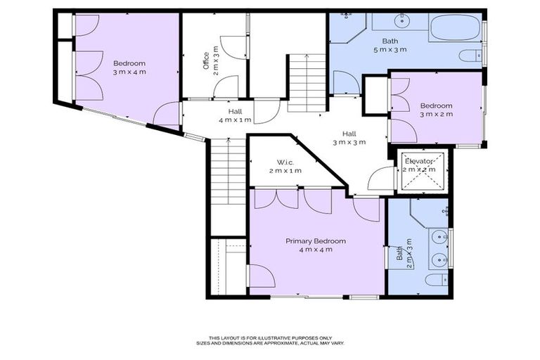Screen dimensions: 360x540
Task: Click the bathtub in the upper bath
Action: point(454,28)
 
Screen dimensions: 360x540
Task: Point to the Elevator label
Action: point(420,162)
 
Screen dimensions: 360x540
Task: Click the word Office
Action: point(206,62)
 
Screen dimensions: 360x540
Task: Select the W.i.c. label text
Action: point(284,162)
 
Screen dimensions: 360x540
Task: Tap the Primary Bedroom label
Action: point(315,240)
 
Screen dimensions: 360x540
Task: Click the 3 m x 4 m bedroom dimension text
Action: point(129,72)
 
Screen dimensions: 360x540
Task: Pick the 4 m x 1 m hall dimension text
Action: point(235,120)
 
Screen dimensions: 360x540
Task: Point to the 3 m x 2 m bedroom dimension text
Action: point(436,114)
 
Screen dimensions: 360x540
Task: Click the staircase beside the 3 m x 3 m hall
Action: point(307,82)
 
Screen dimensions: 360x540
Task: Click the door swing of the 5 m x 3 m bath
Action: point(346,83)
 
